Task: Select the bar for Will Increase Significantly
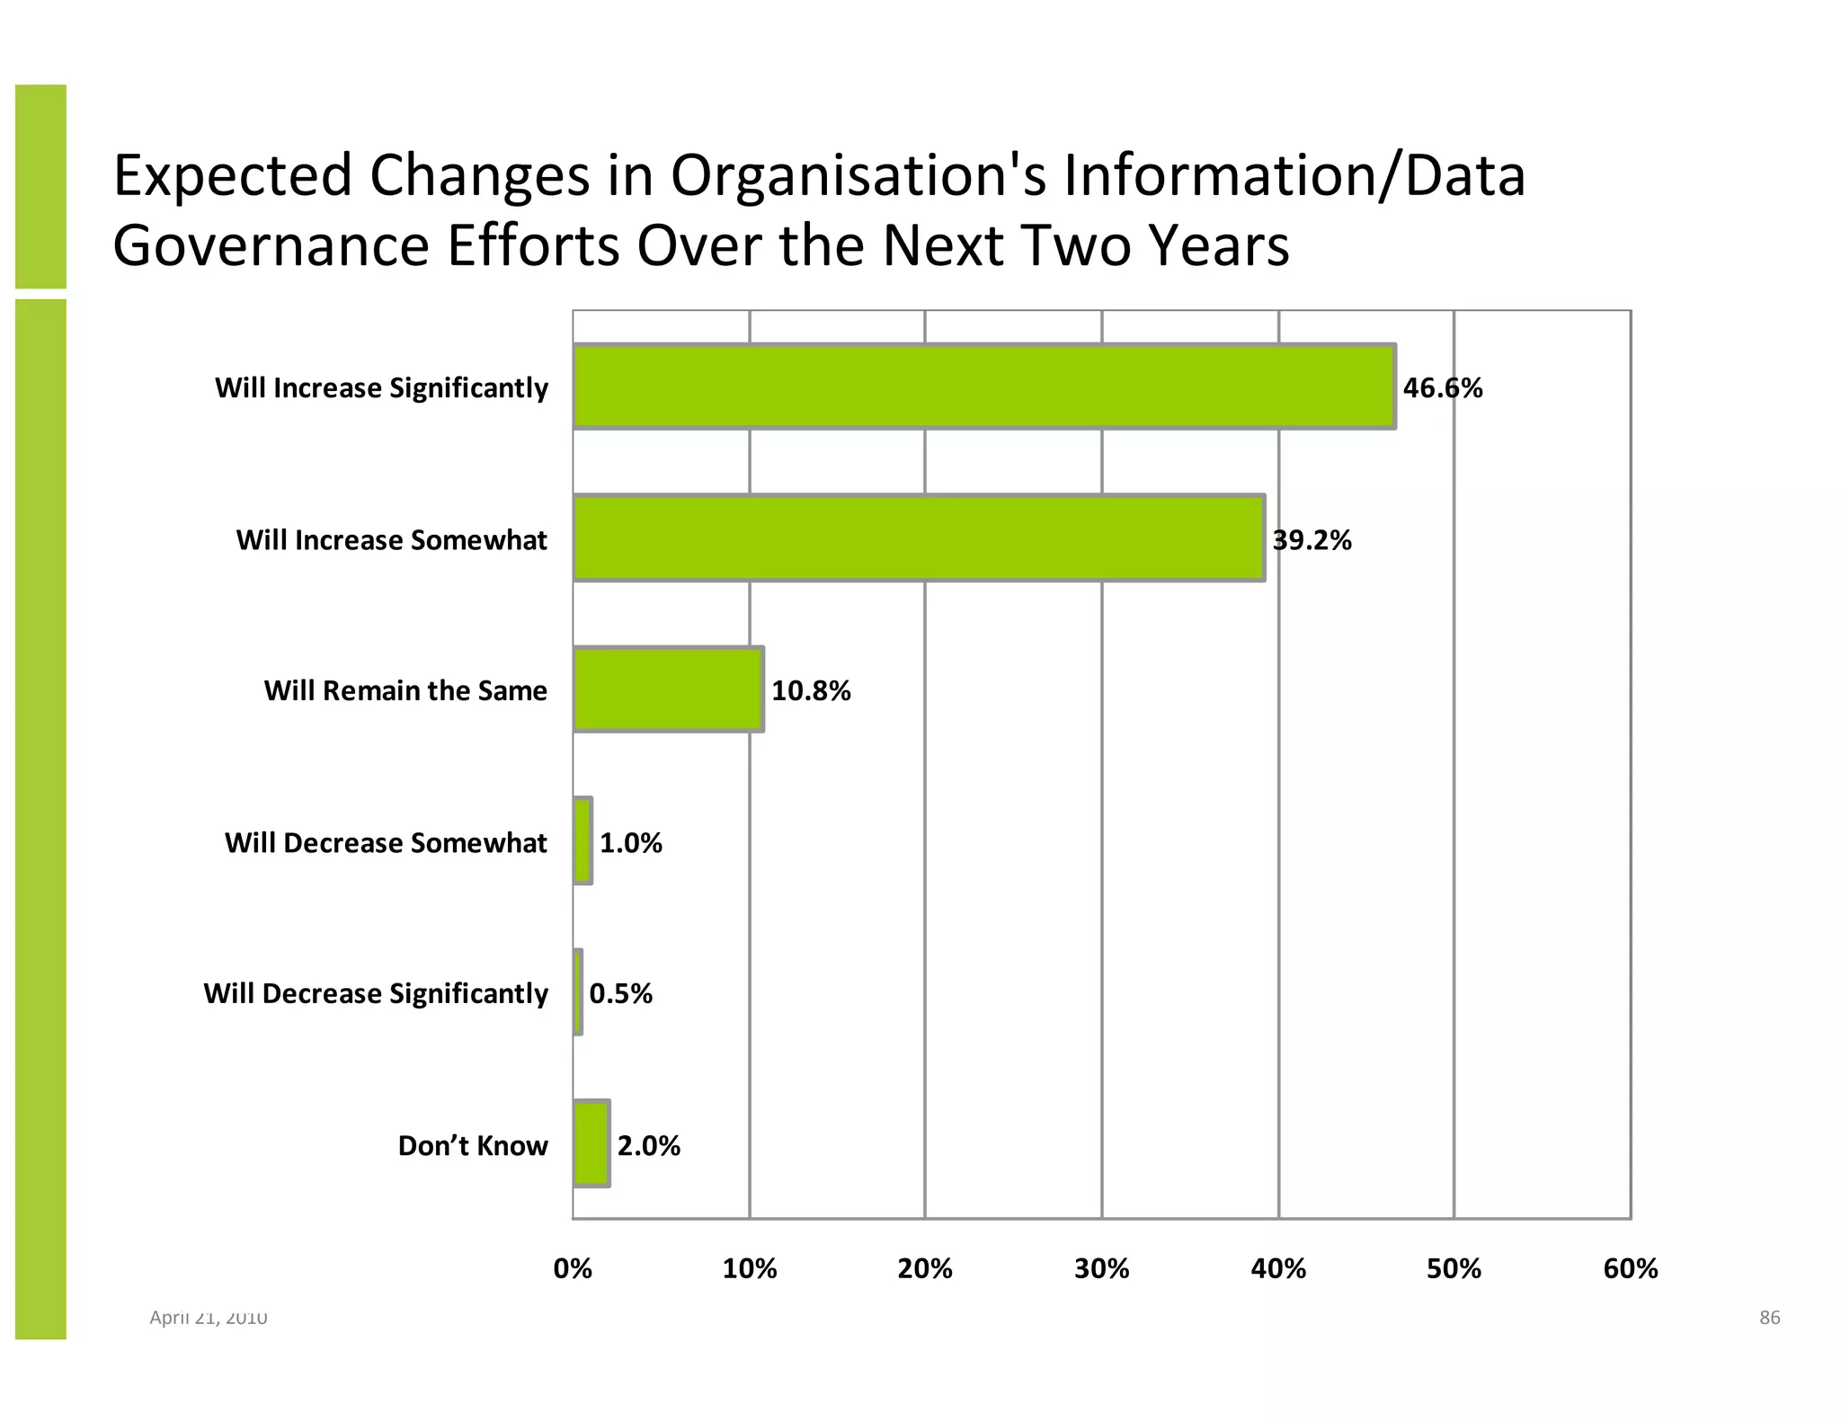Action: [x=983, y=387]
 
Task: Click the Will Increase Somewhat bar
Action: [x=919, y=538]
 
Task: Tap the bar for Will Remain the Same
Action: [x=668, y=689]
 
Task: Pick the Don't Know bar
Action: [x=591, y=1143]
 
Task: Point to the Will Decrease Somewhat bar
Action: [x=583, y=841]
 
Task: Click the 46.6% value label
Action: [x=1442, y=388]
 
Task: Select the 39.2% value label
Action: [x=1312, y=540]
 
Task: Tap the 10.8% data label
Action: [x=811, y=691]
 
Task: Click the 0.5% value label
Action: [x=620, y=994]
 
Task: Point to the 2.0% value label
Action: [x=648, y=1146]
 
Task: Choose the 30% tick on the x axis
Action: [x=1101, y=1269]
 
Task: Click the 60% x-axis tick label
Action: [x=1630, y=1269]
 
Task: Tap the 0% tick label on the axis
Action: [x=573, y=1269]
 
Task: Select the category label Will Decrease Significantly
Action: [x=376, y=994]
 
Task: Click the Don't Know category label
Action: [x=473, y=1146]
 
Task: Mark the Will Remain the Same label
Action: [x=405, y=691]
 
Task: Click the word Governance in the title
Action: [x=271, y=246]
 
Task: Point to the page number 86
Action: [x=1769, y=1318]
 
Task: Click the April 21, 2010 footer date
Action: [x=208, y=1318]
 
